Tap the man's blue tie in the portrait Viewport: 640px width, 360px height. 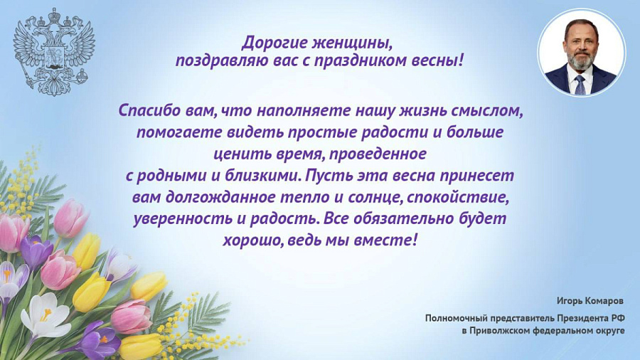coord(580,84)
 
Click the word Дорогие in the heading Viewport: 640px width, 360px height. coord(273,42)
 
